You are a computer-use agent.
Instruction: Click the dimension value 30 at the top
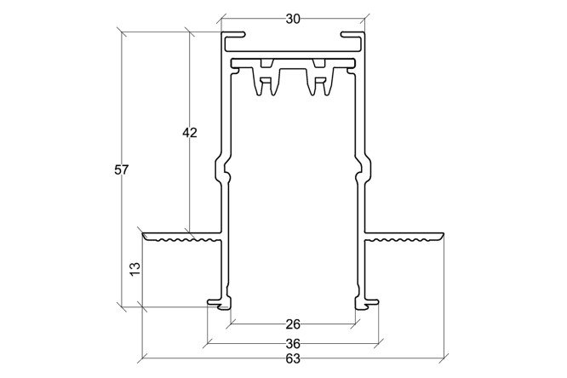pos(293,20)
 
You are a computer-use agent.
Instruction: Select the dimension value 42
pos(190,133)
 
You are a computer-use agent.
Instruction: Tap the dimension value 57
pos(122,169)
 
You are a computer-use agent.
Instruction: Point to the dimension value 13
pos(135,269)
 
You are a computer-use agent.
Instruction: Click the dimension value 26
pos(293,324)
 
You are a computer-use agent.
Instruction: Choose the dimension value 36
pos(293,343)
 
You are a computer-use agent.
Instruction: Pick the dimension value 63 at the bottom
pos(293,358)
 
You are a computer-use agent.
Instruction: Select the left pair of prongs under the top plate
pos(266,82)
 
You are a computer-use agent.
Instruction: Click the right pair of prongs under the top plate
pos(319,82)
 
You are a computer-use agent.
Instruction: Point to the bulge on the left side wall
pos(222,169)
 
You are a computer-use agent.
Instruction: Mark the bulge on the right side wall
pos(364,169)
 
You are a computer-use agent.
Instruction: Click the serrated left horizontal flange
pos(182,237)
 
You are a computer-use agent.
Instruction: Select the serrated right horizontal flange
pos(404,237)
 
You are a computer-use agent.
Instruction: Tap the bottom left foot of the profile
pos(219,304)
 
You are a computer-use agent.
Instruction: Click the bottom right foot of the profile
pos(367,304)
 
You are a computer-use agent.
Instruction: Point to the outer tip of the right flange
pos(443,234)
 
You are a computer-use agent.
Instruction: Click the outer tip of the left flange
pos(143,234)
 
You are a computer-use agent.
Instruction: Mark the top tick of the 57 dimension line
pos(122,32)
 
